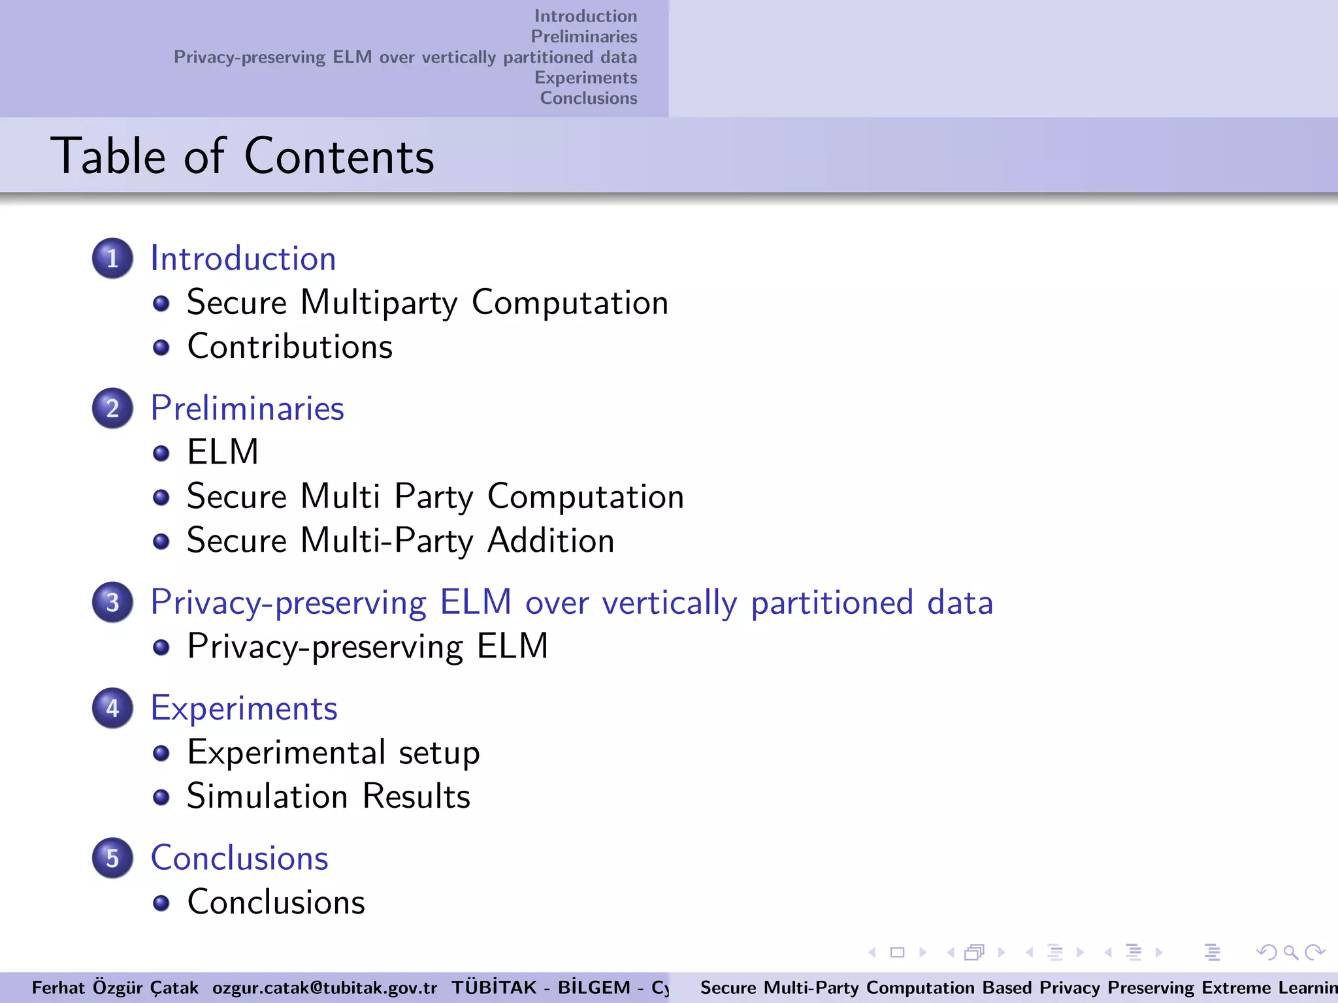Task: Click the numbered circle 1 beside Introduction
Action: (112, 259)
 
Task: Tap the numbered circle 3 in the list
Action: (112, 602)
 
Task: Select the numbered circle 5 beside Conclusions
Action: (112, 858)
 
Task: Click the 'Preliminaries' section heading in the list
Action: (247, 409)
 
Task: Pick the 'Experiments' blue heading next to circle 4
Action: (244, 708)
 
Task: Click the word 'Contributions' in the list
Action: (290, 347)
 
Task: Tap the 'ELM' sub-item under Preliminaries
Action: (223, 452)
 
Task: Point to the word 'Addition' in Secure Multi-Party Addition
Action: (551, 541)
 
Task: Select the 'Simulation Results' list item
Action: (329, 797)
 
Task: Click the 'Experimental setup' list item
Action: (333, 753)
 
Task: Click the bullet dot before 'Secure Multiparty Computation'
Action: (161, 304)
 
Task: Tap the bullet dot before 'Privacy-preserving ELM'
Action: (161, 647)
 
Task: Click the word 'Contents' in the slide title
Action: (339, 157)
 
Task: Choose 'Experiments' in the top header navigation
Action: (585, 78)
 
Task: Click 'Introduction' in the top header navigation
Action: (585, 16)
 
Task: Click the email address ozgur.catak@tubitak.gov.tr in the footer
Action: (325, 987)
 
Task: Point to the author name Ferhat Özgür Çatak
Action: (115, 987)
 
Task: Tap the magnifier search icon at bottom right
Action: (1290, 953)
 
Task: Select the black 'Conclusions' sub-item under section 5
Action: (276, 902)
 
